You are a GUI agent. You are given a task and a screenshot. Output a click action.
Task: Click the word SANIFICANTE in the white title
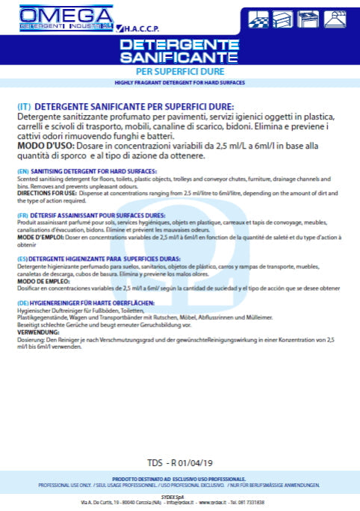[179, 58]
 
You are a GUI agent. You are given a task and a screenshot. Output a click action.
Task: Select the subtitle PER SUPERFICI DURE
[179, 71]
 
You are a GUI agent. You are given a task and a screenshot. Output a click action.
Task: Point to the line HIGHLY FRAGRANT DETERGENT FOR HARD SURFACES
[179, 82]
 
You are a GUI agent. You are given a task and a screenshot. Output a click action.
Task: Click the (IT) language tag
[23, 107]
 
